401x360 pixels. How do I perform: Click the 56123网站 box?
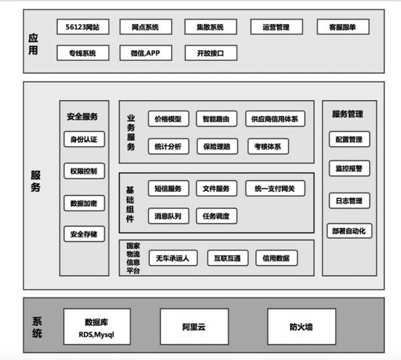coord(83,27)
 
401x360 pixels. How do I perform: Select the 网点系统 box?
coord(146,27)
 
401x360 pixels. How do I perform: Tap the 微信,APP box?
coord(146,53)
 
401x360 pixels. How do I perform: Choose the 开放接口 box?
coord(211,53)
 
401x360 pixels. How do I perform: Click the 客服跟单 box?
coord(343,27)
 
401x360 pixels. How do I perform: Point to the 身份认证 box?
coord(84,139)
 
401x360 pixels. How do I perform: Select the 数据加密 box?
coord(84,203)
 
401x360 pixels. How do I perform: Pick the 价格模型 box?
coord(168,119)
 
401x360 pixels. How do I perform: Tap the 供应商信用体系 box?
coord(275,119)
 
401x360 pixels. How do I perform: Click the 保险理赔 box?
coord(217,147)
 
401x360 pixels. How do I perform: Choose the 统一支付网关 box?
coord(275,189)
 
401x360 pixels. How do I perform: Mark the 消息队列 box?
coord(168,216)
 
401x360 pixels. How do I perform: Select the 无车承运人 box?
coord(173,258)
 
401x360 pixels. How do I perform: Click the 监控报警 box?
coord(350,168)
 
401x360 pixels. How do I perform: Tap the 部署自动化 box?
coord(350,231)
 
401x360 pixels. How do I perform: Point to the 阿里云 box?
coord(194,327)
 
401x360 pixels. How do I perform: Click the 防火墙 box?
coord(302,327)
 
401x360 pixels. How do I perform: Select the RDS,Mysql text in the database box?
coord(96,335)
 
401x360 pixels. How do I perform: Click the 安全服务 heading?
coord(83,117)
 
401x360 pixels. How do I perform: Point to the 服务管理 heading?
coord(348,114)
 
